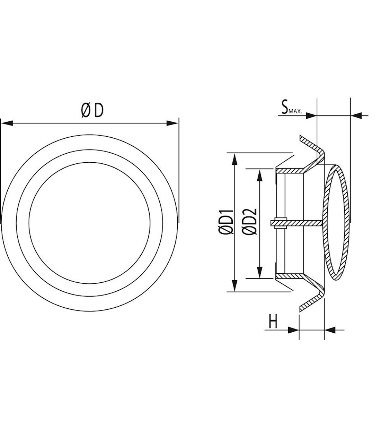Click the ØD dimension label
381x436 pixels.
click(x=92, y=111)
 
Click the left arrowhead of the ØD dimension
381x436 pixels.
click(x=7, y=123)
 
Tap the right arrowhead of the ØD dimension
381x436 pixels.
click(x=172, y=123)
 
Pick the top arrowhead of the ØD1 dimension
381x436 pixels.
click(x=234, y=159)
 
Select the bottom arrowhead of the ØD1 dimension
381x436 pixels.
click(x=234, y=285)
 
